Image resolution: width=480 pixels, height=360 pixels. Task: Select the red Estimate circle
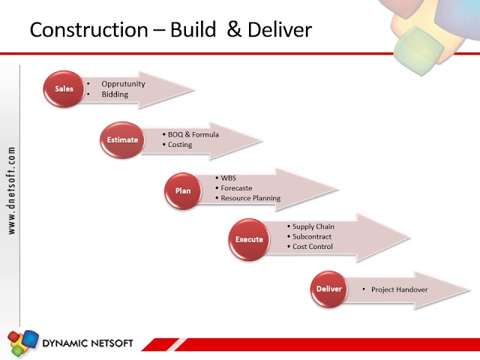(122, 139)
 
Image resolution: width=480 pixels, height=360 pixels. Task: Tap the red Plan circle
(183, 190)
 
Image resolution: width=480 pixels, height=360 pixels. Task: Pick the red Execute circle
(249, 240)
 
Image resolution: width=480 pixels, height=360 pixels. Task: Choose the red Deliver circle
(329, 289)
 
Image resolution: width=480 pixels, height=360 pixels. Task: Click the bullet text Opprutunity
(123, 84)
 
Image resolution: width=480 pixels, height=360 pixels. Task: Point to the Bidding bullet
(115, 94)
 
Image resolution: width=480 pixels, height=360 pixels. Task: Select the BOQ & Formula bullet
(193, 134)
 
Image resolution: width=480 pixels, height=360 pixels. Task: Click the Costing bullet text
(180, 145)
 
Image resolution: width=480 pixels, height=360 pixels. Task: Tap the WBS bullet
(228, 178)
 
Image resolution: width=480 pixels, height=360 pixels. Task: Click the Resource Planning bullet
(250, 199)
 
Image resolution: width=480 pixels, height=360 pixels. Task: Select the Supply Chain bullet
(313, 226)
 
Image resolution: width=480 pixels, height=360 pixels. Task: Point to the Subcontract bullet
(312, 236)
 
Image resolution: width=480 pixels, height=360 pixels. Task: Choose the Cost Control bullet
(313, 247)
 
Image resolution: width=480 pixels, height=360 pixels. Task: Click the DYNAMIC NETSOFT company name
(88, 343)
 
